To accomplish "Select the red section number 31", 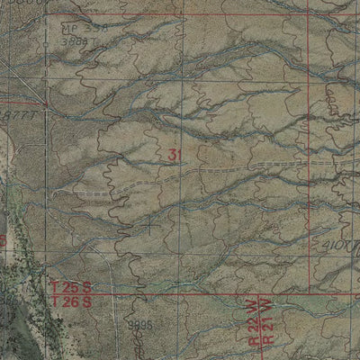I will tap(175, 155).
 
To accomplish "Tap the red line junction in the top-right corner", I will tap(312, 15).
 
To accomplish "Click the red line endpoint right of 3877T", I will tap(48, 104).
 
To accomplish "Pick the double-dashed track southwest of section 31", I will tap(90, 192).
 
